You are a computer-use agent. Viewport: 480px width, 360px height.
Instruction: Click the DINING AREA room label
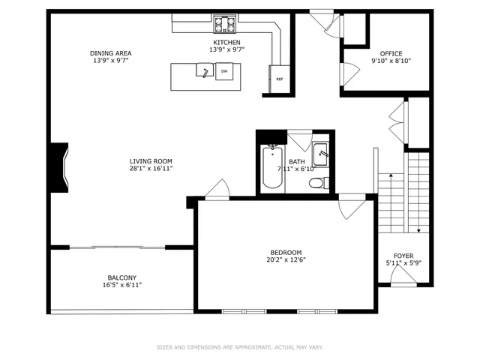point(111,52)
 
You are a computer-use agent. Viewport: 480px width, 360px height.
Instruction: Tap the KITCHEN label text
point(226,43)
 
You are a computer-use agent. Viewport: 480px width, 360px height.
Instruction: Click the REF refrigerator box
point(279,79)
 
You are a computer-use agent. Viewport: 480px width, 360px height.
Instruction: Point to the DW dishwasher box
point(224,72)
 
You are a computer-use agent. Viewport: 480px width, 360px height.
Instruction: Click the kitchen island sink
point(203,71)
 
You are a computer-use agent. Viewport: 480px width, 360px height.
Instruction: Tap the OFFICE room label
point(391,53)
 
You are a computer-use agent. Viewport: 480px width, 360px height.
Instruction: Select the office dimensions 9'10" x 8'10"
point(391,61)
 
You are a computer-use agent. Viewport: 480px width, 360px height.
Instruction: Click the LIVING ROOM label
point(151,160)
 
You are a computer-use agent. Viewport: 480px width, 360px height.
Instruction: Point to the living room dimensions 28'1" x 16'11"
point(151,169)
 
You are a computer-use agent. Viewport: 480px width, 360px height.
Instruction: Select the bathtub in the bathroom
point(271,166)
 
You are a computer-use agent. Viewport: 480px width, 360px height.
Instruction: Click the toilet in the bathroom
point(317,182)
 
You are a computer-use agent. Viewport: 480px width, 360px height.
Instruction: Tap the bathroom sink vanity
point(321,154)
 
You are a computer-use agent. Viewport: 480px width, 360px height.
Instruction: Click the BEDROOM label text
point(286,252)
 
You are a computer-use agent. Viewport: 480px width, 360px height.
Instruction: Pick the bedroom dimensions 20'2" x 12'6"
point(286,260)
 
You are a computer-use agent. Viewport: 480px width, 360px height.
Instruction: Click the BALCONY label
point(121,277)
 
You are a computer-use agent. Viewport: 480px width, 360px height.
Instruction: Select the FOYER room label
point(403,256)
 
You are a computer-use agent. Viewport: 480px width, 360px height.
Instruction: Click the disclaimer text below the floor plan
point(240,347)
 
